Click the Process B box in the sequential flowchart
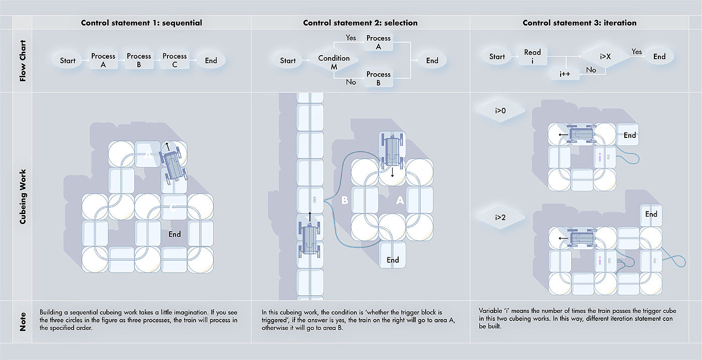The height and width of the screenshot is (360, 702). pyautogui.click(x=139, y=60)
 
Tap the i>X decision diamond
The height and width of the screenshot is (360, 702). pyautogui.click(x=605, y=56)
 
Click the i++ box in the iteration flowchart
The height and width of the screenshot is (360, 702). pyautogui.click(x=566, y=74)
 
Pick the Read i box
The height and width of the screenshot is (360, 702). pyautogui.click(x=533, y=56)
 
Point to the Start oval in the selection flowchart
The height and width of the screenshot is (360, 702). pyautogui.click(x=288, y=61)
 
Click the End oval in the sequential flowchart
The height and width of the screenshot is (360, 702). pyautogui.click(x=211, y=61)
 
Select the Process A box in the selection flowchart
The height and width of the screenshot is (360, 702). pyautogui.click(x=378, y=42)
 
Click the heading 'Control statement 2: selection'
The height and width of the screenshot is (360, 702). pyautogui.click(x=360, y=23)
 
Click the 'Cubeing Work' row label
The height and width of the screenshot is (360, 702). pyautogui.click(x=23, y=196)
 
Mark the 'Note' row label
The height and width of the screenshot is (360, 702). pyautogui.click(x=23, y=321)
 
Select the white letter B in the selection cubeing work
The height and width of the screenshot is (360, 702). pyautogui.click(x=344, y=201)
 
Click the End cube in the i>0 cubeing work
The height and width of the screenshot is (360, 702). pyautogui.click(x=629, y=135)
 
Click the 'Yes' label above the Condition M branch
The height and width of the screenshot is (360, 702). pyautogui.click(x=351, y=38)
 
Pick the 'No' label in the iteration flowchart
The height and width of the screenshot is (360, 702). pyautogui.click(x=591, y=70)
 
